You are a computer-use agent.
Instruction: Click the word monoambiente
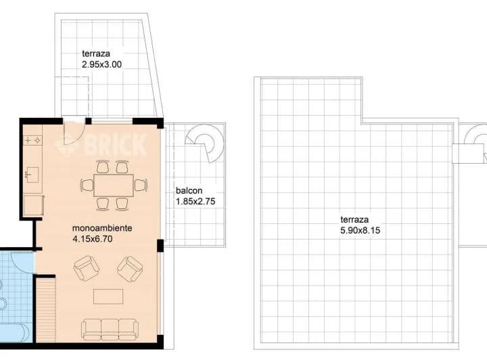pos(102,228)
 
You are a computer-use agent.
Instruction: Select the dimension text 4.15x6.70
pos(92,239)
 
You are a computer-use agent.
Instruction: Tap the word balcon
pos(189,191)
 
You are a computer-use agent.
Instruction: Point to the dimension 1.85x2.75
pos(195,202)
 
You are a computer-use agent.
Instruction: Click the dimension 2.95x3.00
pos(102,64)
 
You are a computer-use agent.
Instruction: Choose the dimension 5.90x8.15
pos(361,231)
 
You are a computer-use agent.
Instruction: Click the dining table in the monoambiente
pos(114,185)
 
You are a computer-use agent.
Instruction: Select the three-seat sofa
pos(110,330)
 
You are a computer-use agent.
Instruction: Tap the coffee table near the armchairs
pos(108,296)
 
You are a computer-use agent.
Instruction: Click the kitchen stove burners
pos(32,140)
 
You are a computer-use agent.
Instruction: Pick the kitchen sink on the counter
pos(32,175)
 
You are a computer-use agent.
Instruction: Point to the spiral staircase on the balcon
pos(205,142)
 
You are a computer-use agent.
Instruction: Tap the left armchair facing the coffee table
pos(87,269)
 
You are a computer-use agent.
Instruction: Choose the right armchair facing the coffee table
pos(130,269)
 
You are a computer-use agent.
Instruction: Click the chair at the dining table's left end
pos(87,185)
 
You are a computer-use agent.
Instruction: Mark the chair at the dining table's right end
pos(141,185)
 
